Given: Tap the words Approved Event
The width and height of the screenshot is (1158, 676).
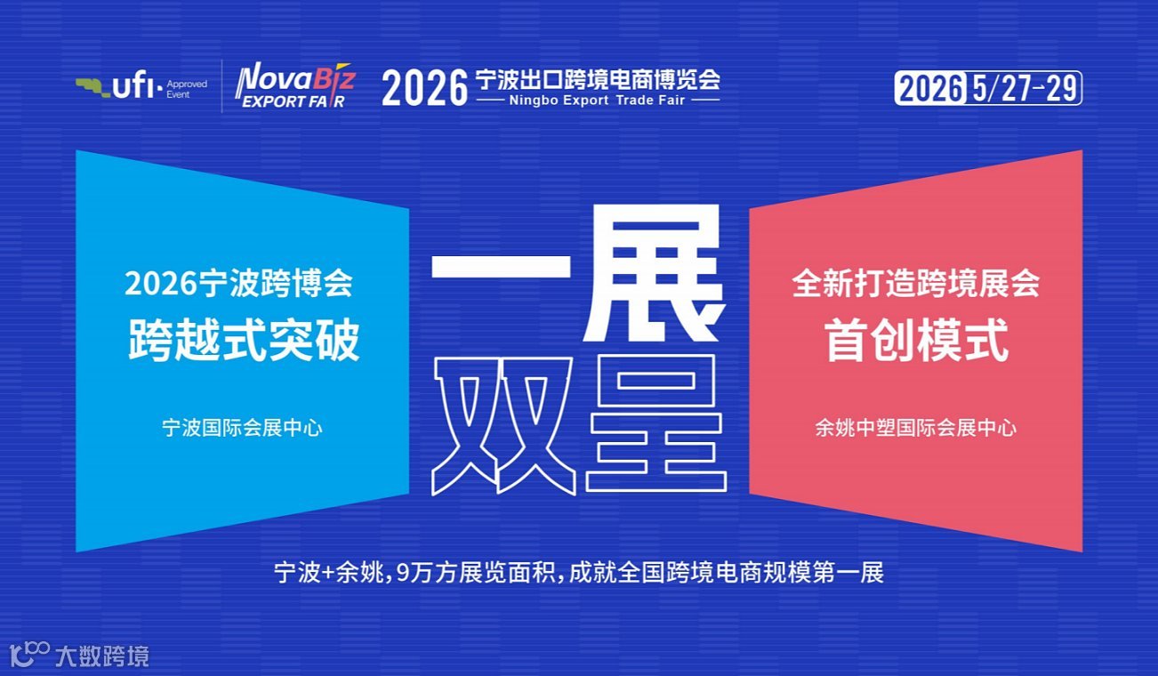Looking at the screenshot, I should (187, 89).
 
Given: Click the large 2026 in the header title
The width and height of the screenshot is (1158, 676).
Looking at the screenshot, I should (424, 89).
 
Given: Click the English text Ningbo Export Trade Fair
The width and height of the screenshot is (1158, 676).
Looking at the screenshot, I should (597, 101).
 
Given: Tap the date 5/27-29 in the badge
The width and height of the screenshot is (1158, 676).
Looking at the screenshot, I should (1024, 89).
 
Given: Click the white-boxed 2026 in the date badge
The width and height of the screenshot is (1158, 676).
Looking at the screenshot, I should (931, 89).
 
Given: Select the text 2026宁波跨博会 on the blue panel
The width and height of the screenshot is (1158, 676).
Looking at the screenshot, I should (238, 285).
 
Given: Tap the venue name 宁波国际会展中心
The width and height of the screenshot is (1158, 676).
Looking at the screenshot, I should (242, 428).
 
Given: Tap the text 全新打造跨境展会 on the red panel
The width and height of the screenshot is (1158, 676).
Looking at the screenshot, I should (916, 285).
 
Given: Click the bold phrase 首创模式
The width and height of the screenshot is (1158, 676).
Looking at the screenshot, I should (917, 340).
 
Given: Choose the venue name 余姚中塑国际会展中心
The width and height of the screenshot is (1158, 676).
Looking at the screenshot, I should (916, 428).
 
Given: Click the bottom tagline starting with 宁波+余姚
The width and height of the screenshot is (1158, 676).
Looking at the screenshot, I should (579, 572).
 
